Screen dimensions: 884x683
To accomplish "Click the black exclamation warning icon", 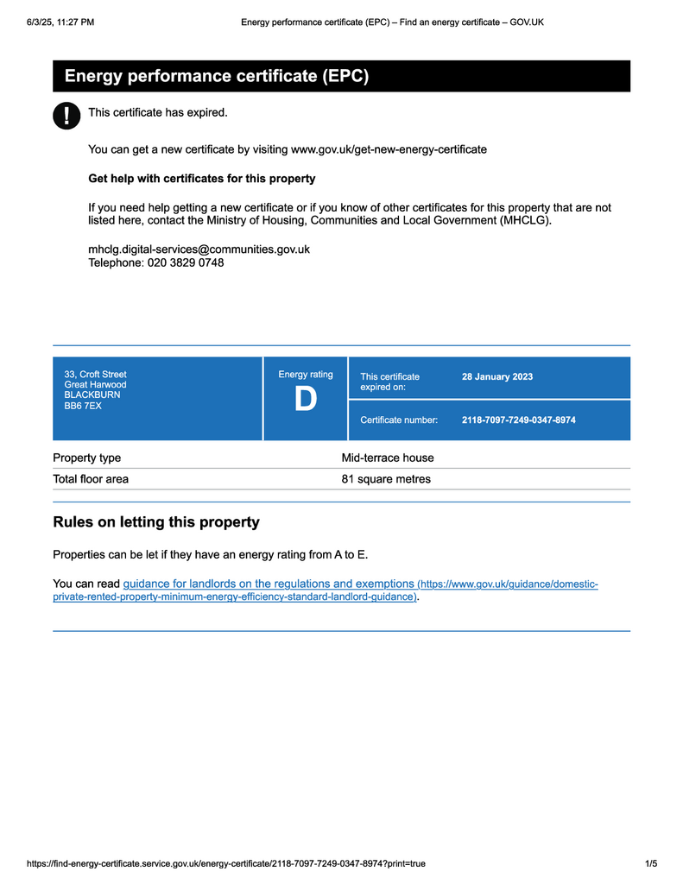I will [x=66, y=116].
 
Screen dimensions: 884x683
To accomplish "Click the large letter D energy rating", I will [x=306, y=401].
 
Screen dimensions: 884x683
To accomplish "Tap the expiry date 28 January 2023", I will [x=497, y=376].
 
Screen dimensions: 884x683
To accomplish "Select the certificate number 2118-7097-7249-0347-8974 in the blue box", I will [x=518, y=420].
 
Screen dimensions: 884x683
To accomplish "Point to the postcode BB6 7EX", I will [x=83, y=406].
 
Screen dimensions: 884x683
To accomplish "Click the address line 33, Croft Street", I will [x=95, y=375].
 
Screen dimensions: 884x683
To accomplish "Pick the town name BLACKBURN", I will [x=92, y=395].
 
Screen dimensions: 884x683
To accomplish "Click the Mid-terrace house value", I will [x=388, y=458].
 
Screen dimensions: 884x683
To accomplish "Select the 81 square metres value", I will [x=386, y=479].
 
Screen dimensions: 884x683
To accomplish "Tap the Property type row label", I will [x=87, y=458].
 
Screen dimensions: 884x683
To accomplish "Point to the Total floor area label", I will [x=91, y=479].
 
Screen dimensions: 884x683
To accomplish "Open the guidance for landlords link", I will [x=269, y=584].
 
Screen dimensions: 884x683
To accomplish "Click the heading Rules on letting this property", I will [x=156, y=522].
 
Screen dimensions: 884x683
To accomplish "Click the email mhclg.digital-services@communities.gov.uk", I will [x=199, y=249].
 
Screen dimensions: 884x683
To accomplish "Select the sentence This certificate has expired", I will [x=158, y=112].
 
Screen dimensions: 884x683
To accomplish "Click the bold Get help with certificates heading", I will [x=202, y=179].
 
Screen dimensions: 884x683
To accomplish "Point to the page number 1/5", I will [x=651, y=863].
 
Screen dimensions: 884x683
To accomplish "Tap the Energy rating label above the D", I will [x=306, y=375].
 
